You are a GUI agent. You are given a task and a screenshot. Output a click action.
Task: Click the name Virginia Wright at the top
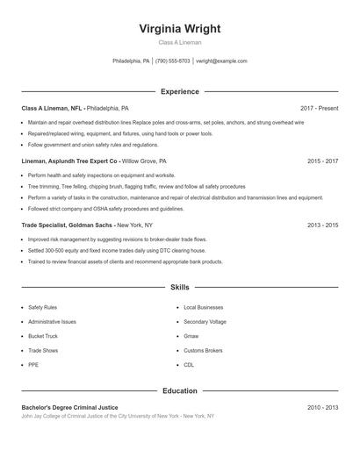coord(179,28)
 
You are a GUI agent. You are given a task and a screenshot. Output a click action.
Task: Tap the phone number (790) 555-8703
coord(172,61)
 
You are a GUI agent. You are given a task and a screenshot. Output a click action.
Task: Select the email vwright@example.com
coord(221,61)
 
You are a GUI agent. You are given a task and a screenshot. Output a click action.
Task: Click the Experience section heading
coord(179,91)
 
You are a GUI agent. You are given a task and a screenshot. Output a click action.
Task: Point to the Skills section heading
coord(179,287)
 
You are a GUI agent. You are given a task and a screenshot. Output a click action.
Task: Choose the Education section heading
coord(179,391)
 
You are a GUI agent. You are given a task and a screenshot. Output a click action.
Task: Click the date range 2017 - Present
coord(319,108)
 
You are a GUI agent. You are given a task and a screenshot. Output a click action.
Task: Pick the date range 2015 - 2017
coord(322,161)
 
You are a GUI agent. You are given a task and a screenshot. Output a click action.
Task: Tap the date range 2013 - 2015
coord(322,225)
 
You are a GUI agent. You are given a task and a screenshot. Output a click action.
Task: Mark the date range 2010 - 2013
coord(322,408)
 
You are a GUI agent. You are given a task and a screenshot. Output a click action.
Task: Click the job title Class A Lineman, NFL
coord(52,108)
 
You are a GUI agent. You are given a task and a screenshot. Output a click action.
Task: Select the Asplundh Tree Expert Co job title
coord(69,161)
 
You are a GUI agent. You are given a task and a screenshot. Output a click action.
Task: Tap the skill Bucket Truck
coord(44,336)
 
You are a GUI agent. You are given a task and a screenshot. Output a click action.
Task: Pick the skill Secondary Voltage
coord(205,322)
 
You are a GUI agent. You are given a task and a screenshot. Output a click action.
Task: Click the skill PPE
coord(33,364)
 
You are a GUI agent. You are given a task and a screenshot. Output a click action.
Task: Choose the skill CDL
coord(189,364)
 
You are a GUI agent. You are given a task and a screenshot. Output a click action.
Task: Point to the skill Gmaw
coord(191,336)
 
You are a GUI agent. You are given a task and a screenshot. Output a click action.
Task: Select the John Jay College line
coord(118,416)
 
